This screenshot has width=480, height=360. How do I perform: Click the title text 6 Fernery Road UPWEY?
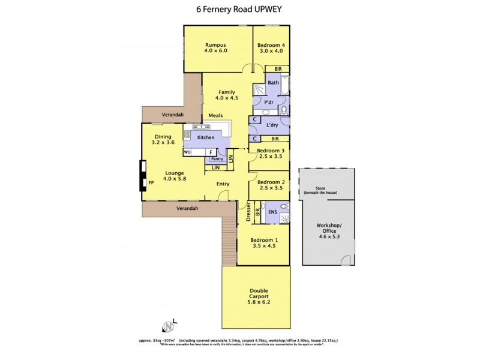239,9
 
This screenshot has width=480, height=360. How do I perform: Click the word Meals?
216,115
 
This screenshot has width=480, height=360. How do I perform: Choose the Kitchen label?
206,137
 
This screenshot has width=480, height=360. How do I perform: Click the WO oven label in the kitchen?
187,152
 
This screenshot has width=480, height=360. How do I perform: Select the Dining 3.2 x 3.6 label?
162,140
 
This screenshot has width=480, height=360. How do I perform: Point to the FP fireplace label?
151,180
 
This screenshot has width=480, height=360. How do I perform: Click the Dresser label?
248,213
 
